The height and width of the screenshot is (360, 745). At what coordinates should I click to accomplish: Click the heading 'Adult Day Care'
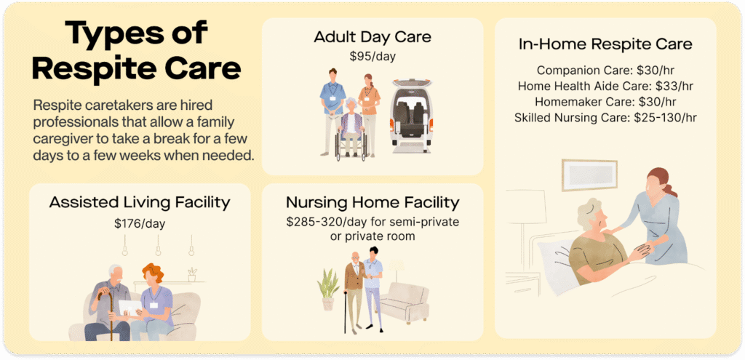pyautogui.click(x=372, y=37)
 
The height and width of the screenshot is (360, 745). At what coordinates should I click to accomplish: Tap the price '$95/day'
pyautogui.click(x=372, y=55)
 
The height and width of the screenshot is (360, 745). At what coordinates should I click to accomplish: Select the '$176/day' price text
pyautogui.click(x=140, y=223)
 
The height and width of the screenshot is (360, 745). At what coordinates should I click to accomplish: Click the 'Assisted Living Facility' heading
pyautogui.click(x=140, y=203)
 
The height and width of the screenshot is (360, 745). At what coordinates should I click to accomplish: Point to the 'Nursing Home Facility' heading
pyautogui.click(x=372, y=202)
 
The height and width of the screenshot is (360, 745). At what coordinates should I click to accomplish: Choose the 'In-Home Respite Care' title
pyautogui.click(x=605, y=44)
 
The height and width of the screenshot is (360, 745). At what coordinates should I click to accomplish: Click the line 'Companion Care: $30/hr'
pyautogui.click(x=605, y=71)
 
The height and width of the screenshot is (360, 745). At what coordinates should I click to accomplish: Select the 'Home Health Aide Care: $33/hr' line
pyautogui.click(x=605, y=86)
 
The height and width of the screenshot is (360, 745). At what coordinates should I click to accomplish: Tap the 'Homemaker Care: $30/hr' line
pyautogui.click(x=605, y=101)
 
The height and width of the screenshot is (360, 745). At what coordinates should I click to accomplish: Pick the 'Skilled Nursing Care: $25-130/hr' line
pyautogui.click(x=605, y=116)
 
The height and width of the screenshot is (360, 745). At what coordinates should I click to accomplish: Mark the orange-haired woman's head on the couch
pyautogui.click(x=154, y=274)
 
